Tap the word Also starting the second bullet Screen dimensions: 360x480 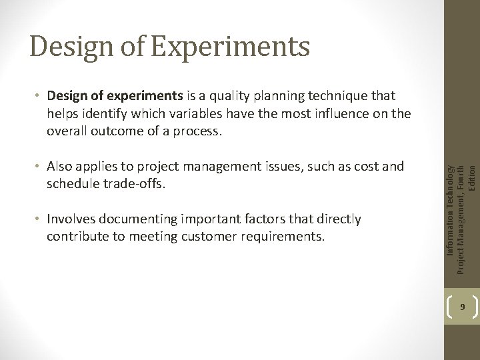tap(61, 167)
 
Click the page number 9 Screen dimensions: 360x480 tap(463, 308)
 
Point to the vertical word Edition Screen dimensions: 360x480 tap(472, 178)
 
